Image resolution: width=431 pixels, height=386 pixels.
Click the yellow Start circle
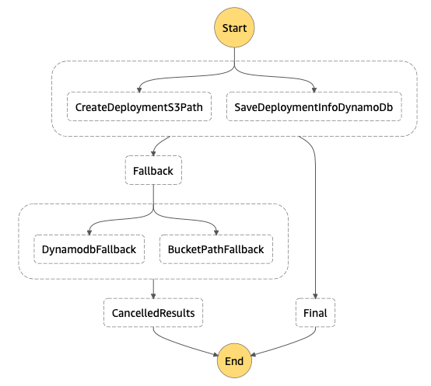point(234,27)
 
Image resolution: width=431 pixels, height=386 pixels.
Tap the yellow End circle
point(234,360)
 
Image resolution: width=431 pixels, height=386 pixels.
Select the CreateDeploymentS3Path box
point(139,106)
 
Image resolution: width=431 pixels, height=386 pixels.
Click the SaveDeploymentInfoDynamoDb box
point(314,106)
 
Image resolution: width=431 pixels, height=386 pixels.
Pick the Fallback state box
point(153,170)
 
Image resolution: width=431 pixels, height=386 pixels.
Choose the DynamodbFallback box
point(89,249)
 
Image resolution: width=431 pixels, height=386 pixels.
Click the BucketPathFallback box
point(216,249)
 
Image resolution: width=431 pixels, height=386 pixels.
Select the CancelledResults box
point(153,313)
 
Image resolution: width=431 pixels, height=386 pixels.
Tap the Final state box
point(315,313)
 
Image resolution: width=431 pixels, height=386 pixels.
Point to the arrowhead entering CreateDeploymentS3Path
point(139,90)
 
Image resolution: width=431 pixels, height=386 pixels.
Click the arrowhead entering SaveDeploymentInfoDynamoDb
point(314,90)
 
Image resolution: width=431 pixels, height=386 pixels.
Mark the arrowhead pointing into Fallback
point(153,154)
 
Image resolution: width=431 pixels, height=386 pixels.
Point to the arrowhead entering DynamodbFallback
point(89,233)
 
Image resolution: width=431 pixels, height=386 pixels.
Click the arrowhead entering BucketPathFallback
point(216,233)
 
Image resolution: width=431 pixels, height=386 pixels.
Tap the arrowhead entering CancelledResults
point(153,296)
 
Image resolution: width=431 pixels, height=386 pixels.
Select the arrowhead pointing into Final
point(315,296)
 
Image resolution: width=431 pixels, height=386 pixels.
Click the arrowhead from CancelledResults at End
point(215,355)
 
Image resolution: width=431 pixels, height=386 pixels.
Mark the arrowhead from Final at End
point(253,355)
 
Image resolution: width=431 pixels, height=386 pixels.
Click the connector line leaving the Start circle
point(234,57)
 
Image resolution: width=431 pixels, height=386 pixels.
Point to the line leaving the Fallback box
point(153,197)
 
